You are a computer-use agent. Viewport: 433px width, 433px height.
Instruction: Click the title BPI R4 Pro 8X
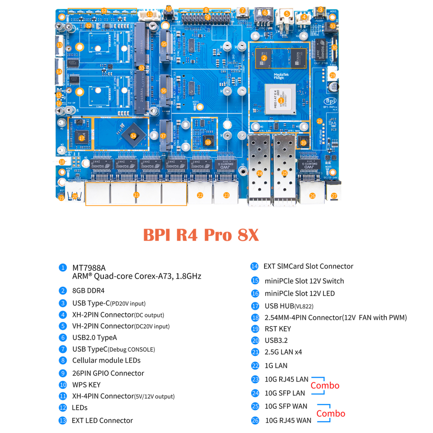click(200, 235)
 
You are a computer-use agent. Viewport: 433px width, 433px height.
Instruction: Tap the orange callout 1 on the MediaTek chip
click(281, 100)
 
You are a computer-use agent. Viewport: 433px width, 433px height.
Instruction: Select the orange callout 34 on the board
click(133, 136)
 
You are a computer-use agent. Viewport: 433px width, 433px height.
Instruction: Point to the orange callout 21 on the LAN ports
click(136, 195)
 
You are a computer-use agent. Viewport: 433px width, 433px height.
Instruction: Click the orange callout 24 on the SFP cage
click(259, 173)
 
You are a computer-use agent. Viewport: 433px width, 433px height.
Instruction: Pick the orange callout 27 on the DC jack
click(334, 196)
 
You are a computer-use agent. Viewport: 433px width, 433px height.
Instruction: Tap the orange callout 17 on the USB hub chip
click(82, 138)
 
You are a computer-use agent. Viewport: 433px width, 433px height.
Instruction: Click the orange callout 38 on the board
click(208, 142)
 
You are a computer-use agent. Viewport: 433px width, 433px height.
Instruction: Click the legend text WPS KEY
click(86, 385)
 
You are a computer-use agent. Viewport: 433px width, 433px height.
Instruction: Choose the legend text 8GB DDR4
click(88, 291)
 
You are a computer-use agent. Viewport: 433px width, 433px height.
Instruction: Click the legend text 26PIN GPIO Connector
click(108, 373)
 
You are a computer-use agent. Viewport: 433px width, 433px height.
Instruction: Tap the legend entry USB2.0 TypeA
click(94, 337)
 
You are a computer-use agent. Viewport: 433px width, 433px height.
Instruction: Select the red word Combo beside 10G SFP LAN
click(325, 385)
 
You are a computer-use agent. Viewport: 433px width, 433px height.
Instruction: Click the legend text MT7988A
click(89, 268)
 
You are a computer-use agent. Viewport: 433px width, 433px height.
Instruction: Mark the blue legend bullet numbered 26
click(255, 420)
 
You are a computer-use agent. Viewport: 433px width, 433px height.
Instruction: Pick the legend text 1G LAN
click(276, 365)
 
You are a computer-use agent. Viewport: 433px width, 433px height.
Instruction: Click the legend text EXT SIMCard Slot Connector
click(308, 266)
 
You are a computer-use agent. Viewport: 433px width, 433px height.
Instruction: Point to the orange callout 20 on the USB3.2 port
click(75, 196)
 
